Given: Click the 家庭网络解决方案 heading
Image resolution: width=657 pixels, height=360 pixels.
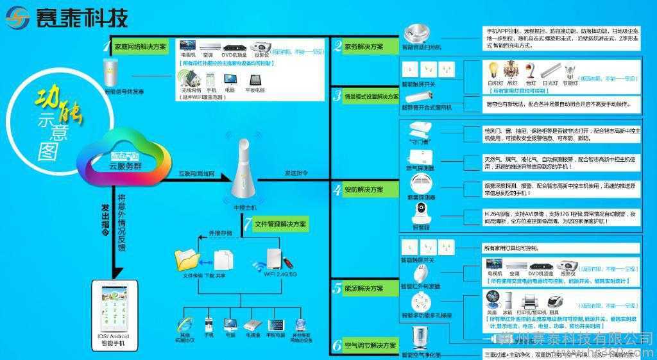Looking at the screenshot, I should click(x=140, y=47).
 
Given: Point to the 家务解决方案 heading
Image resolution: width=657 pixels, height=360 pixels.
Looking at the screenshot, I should click(x=364, y=47).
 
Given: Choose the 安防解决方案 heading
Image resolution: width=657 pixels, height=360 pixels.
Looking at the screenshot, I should click(x=364, y=190).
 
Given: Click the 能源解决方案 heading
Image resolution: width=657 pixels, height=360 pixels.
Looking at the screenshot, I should click(x=364, y=289).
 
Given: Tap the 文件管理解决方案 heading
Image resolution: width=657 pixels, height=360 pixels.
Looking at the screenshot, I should click(x=280, y=225).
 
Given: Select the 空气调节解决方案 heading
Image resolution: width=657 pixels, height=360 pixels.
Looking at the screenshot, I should click(x=371, y=346).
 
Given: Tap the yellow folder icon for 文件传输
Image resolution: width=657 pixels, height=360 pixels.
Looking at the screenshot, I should click(x=187, y=260).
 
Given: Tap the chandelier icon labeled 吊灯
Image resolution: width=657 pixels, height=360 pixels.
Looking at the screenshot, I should click(x=512, y=68).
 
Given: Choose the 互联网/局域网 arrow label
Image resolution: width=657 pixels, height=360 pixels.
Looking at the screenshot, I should click(x=196, y=175).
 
